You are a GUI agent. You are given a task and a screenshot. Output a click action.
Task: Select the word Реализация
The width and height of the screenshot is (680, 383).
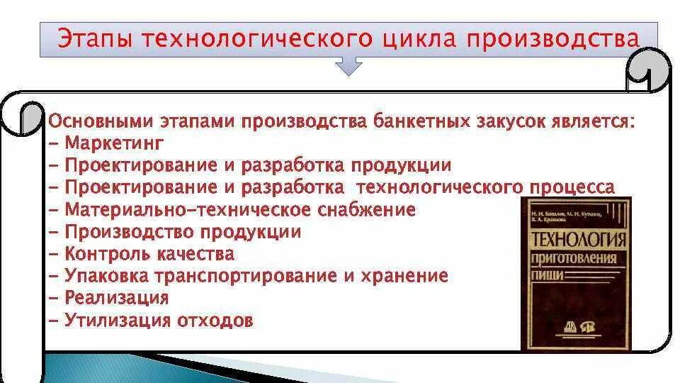click(116, 298)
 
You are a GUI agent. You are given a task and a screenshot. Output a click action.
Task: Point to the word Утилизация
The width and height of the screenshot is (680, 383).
click(118, 320)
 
